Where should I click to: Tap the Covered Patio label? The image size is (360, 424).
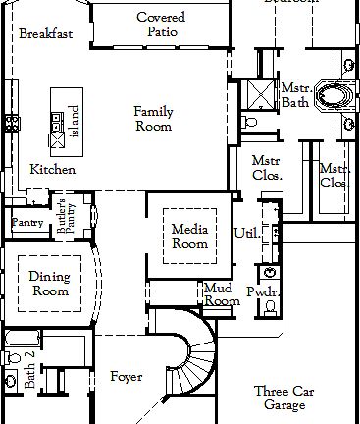pyautogui.click(x=162, y=25)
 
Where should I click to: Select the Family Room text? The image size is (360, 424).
pyautogui.click(x=153, y=119)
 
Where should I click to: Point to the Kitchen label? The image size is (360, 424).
pyautogui.click(x=52, y=170)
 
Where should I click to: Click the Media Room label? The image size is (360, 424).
pyautogui.click(x=189, y=237)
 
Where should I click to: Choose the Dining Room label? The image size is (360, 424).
pyautogui.click(x=49, y=284)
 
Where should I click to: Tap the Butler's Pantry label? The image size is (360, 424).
pyautogui.click(x=66, y=214)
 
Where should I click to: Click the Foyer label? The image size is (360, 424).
pyautogui.click(x=126, y=377)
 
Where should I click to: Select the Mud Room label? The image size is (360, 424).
pyautogui.click(x=222, y=294)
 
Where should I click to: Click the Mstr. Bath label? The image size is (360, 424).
pyautogui.click(x=295, y=95)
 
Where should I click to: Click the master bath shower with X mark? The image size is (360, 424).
pyautogui.click(x=261, y=97)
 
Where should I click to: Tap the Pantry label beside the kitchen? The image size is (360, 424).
pyautogui.click(x=26, y=223)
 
